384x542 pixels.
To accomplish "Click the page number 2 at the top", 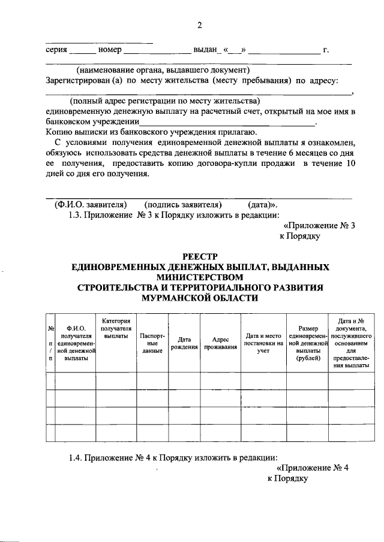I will [200, 25].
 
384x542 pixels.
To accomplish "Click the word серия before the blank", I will [56, 49].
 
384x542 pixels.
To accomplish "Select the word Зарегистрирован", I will [76, 80].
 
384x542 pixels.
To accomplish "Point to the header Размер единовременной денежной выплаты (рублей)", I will [307, 343].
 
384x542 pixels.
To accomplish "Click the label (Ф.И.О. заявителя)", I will [91, 204].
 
